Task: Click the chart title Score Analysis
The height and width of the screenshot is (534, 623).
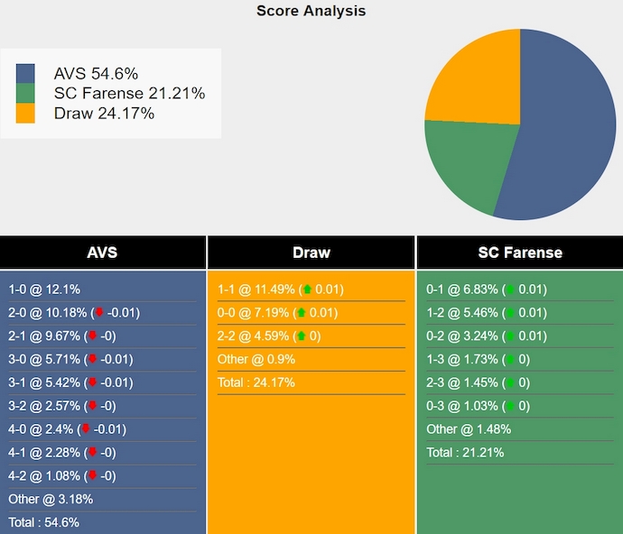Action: [x=311, y=11]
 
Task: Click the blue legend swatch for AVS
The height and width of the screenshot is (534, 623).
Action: [x=25, y=74]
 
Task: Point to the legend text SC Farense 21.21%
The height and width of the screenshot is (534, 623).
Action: [x=129, y=94]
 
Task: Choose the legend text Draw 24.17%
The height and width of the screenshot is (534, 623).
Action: [x=104, y=114]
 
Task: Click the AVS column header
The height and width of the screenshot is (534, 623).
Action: [x=102, y=253]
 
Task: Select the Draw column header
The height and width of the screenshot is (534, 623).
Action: [x=311, y=253]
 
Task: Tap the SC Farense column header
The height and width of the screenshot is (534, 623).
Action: [x=519, y=253]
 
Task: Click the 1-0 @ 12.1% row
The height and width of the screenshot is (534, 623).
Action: [x=45, y=290]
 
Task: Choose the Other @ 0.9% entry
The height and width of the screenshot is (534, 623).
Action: [x=256, y=359]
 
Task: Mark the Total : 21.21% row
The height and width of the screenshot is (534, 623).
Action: [x=465, y=453]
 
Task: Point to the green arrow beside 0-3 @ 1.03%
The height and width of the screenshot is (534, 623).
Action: [x=510, y=406]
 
